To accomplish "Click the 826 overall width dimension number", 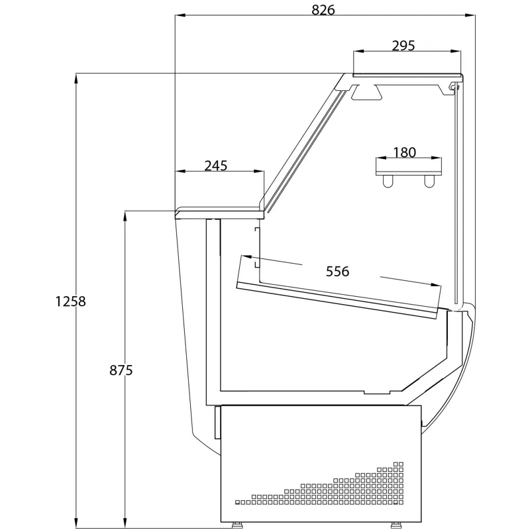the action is (x=323, y=10).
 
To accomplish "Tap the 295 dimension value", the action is (x=403, y=45).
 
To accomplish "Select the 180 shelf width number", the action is (x=404, y=152).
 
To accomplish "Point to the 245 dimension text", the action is (x=216, y=166).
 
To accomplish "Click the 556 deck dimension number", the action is (x=337, y=271).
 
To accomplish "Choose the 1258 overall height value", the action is (x=71, y=301).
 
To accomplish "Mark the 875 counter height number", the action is (x=121, y=370).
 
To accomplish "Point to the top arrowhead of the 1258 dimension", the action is (x=76, y=79).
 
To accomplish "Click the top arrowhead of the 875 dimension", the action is (x=125, y=217).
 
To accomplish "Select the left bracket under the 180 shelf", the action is (x=388, y=181).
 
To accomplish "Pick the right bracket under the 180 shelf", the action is (x=429, y=181).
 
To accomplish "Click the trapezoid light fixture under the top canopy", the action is (x=367, y=92).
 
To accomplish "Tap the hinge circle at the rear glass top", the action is (x=452, y=87).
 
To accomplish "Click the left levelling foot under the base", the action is (x=237, y=525).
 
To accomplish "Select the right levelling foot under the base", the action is (x=396, y=525).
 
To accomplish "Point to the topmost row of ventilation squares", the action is (x=399, y=464).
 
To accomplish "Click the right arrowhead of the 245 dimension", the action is (x=258, y=172).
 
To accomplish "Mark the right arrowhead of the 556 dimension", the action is (x=436, y=285).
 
